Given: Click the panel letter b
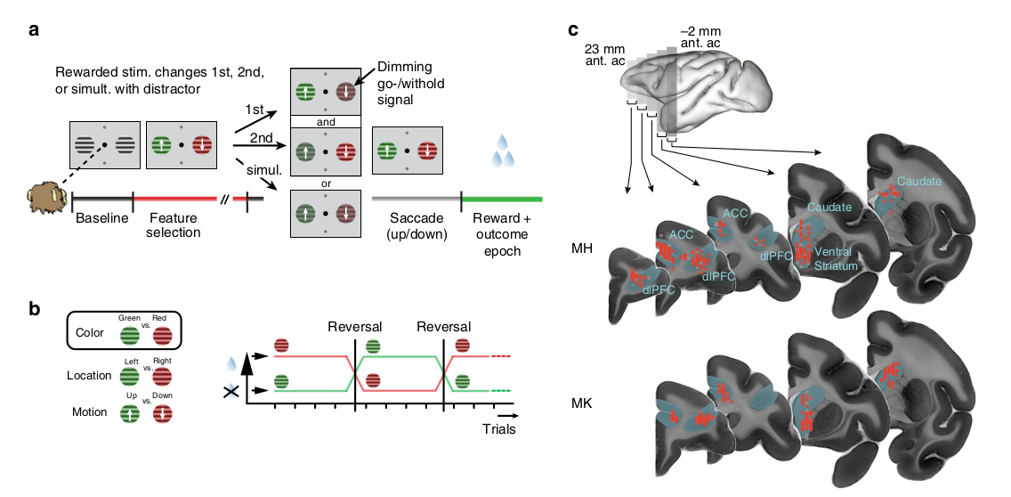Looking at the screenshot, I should (x=34, y=309).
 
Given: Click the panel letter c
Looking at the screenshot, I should (x=574, y=29).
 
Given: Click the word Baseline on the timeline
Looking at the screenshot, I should (x=101, y=217).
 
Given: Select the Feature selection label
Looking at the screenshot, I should (x=174, y=224).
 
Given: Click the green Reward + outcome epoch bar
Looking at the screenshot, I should (x=502, y=197).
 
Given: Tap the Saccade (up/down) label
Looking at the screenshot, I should (x=414, y=224).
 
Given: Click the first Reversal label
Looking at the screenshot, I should (x=354, y=327).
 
